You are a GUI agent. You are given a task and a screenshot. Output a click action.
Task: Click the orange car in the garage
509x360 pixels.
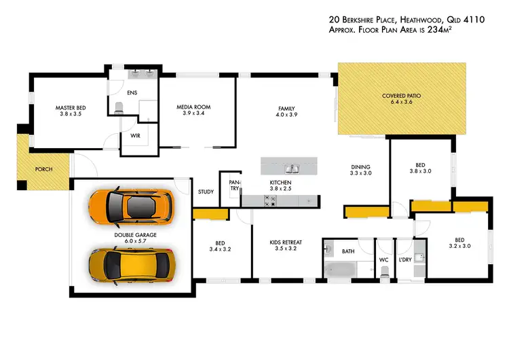pyautogui.click(x=132, y=206)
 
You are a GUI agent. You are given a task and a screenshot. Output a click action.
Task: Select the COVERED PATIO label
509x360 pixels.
pyautogui.click(x=401, y=96)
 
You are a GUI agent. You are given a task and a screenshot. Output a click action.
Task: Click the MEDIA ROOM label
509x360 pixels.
pyautogui.click(x=193, y=107)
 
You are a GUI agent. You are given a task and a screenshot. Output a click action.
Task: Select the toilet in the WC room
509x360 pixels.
pyautogui.click(x=385, y=271)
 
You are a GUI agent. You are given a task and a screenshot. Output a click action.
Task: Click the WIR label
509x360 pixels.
pyautogui.click(x=134, y=135)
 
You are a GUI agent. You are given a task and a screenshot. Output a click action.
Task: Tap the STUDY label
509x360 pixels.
pyautogui.click(x=206, y=192)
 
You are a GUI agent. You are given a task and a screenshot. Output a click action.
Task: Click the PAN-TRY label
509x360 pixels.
pyautogui.click(x=235, y=186)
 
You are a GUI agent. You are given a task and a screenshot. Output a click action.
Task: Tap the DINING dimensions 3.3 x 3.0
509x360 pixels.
pyautogui.click(x=360, y=174)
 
